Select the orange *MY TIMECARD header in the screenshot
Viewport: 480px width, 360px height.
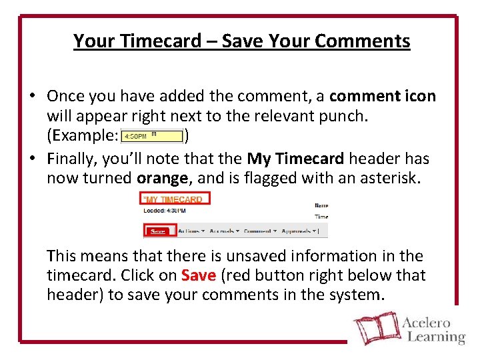[174, 199]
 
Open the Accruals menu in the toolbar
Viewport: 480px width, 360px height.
[225, 231]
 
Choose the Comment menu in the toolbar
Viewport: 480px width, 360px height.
[259, 231]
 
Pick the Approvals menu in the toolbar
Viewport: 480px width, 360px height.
[298, 231]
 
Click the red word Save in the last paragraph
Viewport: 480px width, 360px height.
[198, 275]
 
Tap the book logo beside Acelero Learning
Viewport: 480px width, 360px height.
[375, 329]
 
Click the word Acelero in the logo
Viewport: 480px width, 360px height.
[427, 323]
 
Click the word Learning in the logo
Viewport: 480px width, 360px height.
[433, 337]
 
